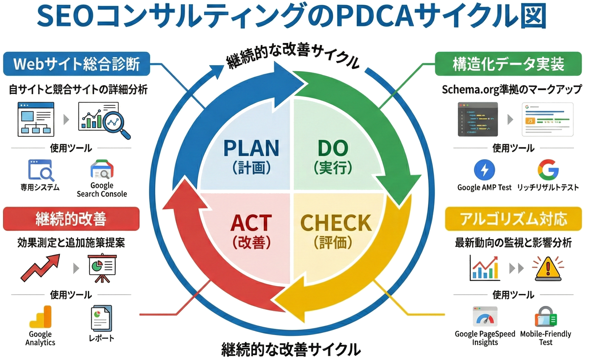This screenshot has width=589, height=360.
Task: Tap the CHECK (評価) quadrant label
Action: click(336, 231)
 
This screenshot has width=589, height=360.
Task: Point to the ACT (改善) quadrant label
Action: click(251, 231)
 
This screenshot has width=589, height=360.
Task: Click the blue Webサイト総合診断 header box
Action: click(77, 64)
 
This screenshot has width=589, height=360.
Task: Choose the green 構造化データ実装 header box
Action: click(508, 64)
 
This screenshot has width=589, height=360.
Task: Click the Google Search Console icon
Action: click(102, 170)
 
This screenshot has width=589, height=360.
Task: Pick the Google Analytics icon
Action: click(40, 317)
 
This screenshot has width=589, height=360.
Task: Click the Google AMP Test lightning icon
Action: click(484, 170)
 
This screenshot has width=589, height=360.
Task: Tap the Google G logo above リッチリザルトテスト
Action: click(548, 170)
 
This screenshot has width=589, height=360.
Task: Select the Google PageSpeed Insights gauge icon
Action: click(485, 317)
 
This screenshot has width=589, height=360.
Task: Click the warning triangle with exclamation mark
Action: click(547, 269)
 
